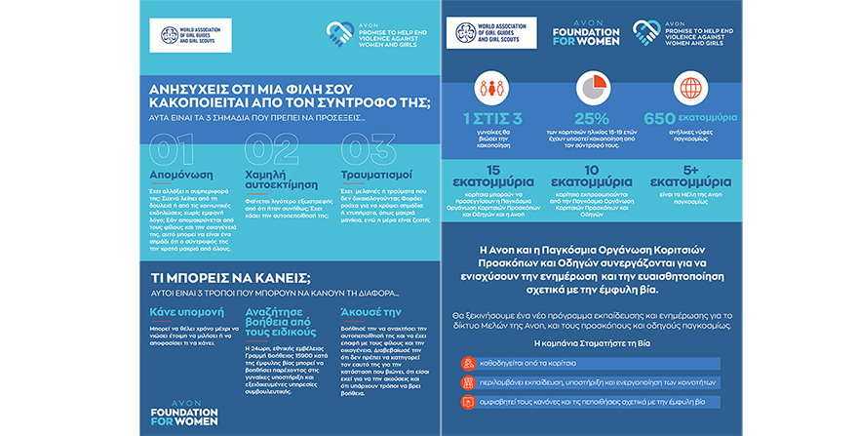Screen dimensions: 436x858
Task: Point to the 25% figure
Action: [x=591, y=119]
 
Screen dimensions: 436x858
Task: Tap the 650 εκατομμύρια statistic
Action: [x=690, y=119]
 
